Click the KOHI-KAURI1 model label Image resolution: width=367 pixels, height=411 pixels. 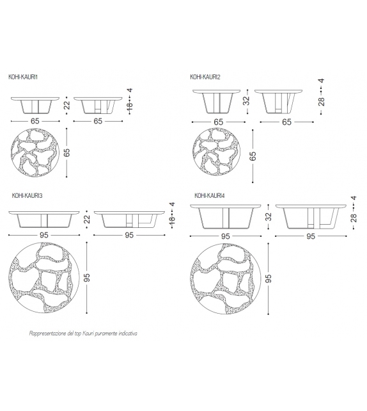23,77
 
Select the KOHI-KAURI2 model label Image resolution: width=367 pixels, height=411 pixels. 205,77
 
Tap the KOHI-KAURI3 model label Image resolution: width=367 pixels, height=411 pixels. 27,195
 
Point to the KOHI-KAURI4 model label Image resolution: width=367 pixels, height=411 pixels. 210,195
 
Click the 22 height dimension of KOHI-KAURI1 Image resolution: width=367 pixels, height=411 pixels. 67,106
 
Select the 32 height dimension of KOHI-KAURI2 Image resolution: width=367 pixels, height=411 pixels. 247,101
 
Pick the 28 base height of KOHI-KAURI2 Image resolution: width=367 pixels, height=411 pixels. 322,101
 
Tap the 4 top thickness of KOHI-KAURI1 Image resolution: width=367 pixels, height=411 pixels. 130,90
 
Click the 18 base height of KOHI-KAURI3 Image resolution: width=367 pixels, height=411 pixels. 173,220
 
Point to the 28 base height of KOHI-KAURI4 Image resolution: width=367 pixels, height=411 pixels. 354,218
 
